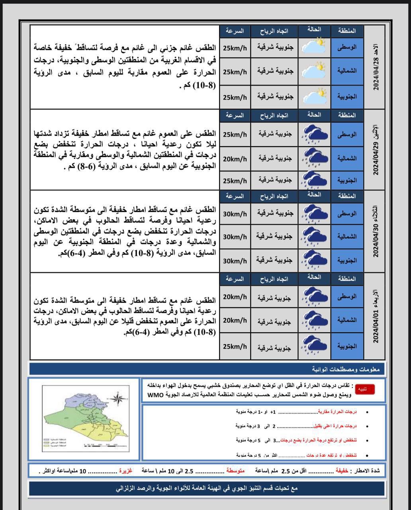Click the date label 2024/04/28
click(x=376, y=74)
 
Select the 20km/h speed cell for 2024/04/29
click(x=235, y=159)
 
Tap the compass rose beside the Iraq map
click(x=118, y=398)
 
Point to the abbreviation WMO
click(x=153, y=395)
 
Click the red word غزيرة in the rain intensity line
click(x=125, y=471)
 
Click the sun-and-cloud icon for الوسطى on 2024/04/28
click(x=314, y=46)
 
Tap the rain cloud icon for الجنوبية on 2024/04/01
click(x=314, y=345)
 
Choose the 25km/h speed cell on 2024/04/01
click(x=235, y=347)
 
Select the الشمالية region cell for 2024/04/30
click(x=347, y=237)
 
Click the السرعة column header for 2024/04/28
click(x=235, y=31)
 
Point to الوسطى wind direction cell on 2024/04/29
click(x=275, y=134)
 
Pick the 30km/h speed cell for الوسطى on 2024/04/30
click(x=235, y=214)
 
